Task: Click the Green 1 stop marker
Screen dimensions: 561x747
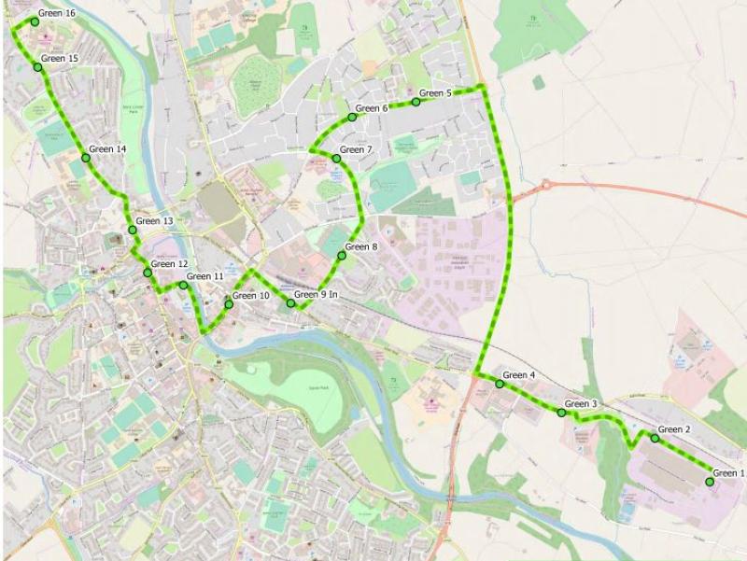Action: tap(710, 482)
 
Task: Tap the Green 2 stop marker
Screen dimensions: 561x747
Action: tap(655, 438)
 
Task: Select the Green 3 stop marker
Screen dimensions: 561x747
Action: tap(562, 412)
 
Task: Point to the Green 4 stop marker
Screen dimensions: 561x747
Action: tap(500, 384)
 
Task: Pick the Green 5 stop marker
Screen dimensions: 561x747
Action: tap(416, 102)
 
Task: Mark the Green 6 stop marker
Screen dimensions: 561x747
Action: tap(353, 117)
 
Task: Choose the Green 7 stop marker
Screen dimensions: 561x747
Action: tap(337, 158)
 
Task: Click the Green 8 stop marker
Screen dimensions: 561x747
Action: tap(342, 255)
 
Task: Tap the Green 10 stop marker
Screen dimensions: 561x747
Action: tap(229, 304)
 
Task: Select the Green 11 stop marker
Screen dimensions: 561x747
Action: tap(183, 285)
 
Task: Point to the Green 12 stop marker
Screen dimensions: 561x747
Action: tap(148, 273)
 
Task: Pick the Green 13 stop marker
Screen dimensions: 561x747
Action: tap(133, 230)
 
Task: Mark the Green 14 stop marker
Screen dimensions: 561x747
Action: tap(86, 158)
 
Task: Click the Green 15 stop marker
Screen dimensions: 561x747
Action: tap(38, 67)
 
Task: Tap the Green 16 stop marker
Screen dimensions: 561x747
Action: tap(35, 21)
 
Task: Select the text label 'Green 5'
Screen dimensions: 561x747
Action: tap(435, 93)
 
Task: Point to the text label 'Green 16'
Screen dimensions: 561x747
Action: tap(57, 13)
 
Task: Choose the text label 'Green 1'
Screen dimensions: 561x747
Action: tap(729, 473)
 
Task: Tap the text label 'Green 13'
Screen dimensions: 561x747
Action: tap(155, 221)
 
